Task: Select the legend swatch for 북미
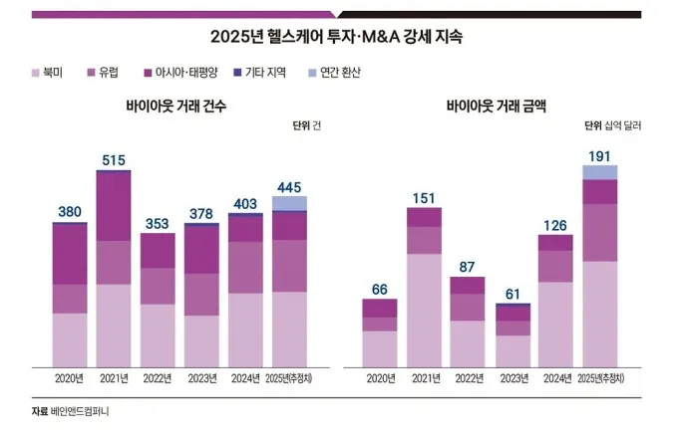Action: [x=38, y=73]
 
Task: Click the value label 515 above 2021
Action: [x=115, y=159]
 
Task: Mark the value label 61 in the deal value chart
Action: [x=513, y=294]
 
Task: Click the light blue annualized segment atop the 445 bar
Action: [x=289, y=203]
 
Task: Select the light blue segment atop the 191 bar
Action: [x=599, y=172]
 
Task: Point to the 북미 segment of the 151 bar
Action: [x=424, y=310]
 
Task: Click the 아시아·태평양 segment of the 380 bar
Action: [x=70, y=255]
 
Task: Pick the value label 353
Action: [x=158, y=223]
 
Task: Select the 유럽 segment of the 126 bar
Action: [x=555, y=266]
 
